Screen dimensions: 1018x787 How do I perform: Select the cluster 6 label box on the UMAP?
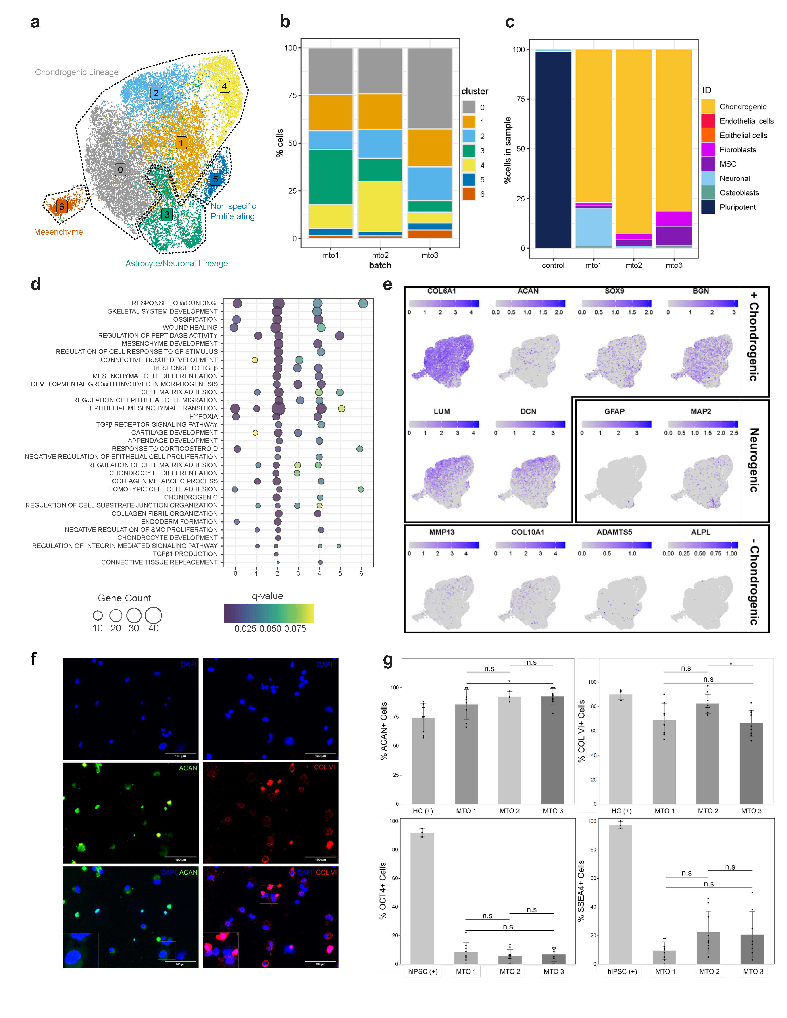click(62, 207)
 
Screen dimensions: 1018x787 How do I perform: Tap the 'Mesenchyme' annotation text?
click(58, 232)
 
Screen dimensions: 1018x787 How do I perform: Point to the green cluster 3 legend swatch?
click(468, 151)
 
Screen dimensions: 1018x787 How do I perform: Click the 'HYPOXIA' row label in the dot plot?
click(203, 416)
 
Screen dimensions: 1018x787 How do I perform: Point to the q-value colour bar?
click(269, 613)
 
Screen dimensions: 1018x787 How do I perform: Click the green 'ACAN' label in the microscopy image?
click(188, 768)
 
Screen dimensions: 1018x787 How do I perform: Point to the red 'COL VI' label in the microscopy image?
click(324, 767)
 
